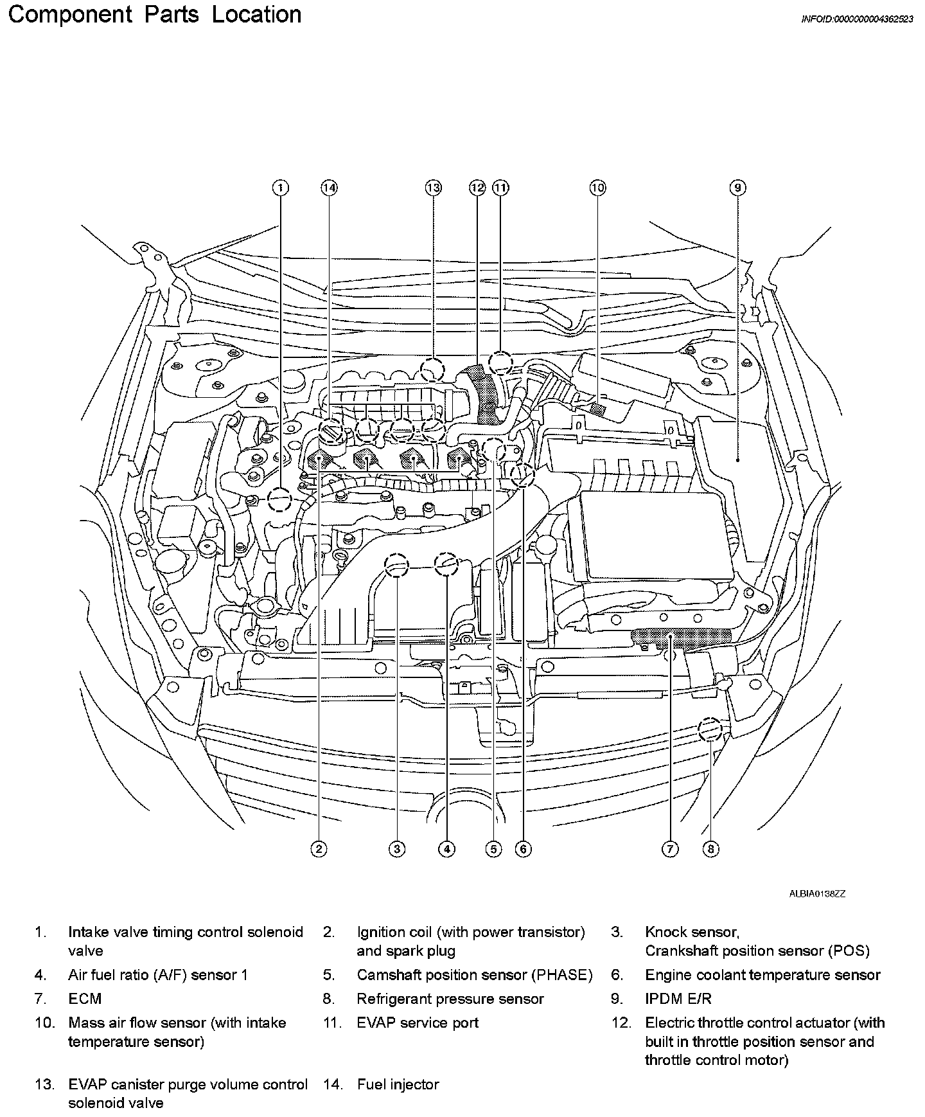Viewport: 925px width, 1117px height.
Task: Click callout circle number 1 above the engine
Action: pyautogui.click(x=280, y=188)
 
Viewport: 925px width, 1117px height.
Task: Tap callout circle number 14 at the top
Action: pyautogui.click(x=329, y=188)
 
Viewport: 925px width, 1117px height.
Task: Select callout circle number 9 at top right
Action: pyautogui.click(x=737, y=188)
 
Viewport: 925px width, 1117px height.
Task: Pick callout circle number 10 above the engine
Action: pyautogui.click(x=597, y=188)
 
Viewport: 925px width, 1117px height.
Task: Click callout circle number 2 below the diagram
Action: pyautogui.click(x=319, y=849)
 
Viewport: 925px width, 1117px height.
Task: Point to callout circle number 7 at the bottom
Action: pyautogui.click(x=669, y=849)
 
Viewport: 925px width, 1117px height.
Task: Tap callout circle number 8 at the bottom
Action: pyautogui.click(x=710, y=849)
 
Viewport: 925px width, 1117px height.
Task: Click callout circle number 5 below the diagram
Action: pyautogui.click(x=493, y=849)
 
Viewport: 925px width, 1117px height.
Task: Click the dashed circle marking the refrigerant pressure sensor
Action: pyautogui.click(x=710, y=729)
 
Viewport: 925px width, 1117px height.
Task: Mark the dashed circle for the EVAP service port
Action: pyautogui.click(x=500, y=363)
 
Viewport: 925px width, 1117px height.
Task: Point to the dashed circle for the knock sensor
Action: pyautogui.click(x=396, y=565)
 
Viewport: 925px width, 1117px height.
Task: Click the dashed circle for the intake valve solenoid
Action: pyautogui.click(x=280, y=499)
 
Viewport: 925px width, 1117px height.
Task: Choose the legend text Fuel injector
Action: pyautogui.click(x=398, y=1085)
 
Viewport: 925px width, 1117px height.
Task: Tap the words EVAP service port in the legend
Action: pyautogui.click(x=418, y=1023)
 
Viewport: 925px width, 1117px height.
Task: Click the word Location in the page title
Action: pyautogui.click(x=256, y=14)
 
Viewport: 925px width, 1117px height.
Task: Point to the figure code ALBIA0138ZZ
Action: pyautogui.click(x=817, y=894)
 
